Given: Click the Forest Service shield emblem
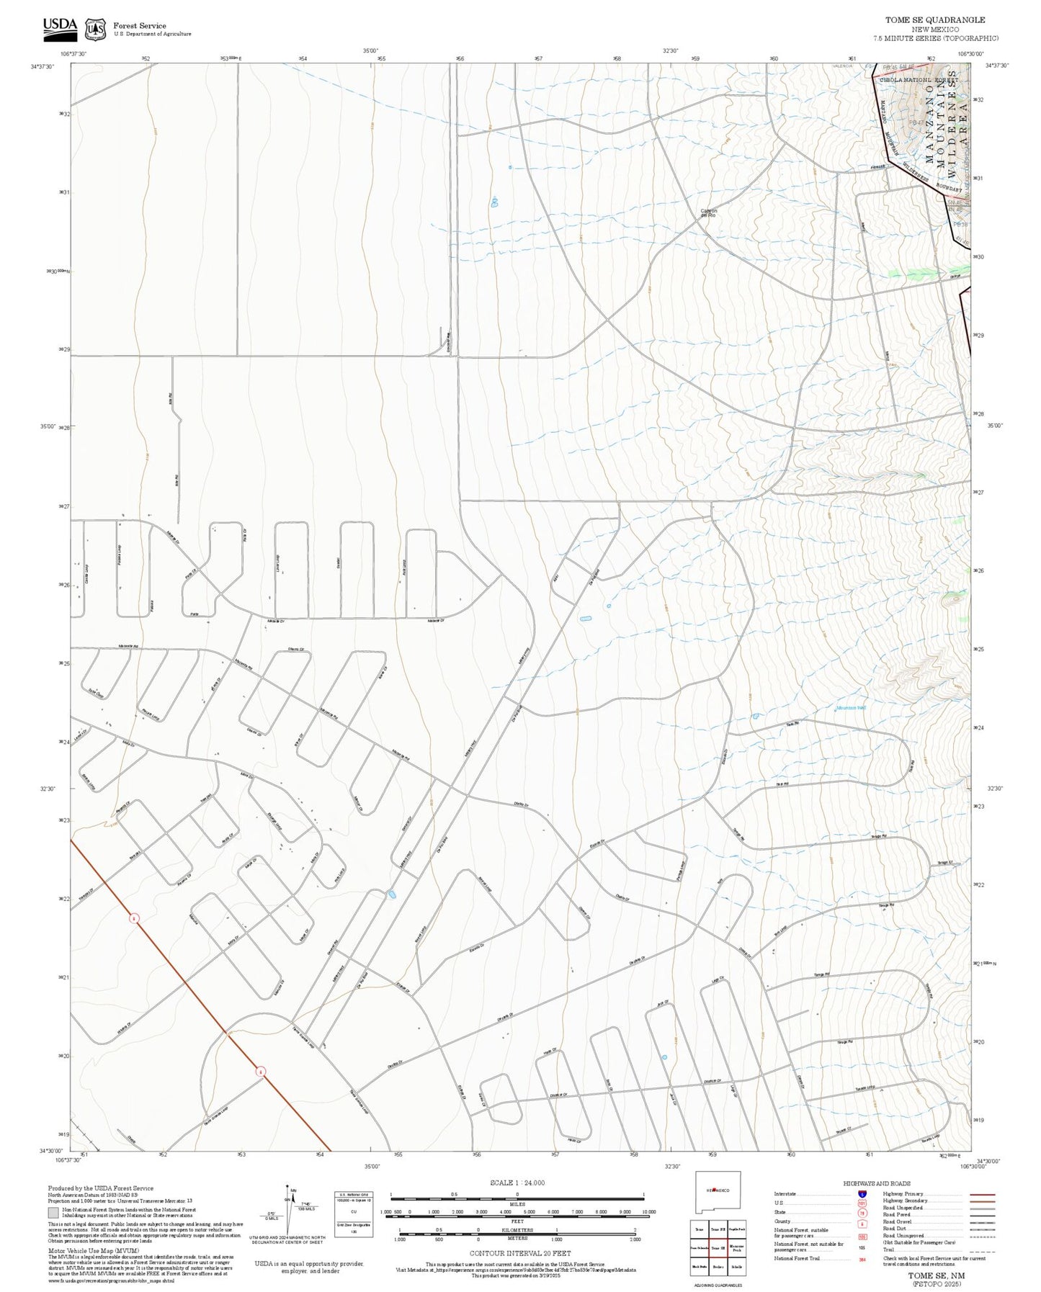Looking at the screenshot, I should point(95,29).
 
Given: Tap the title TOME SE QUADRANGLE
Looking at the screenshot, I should point(935,19).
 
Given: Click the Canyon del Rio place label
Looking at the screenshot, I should point(708,213).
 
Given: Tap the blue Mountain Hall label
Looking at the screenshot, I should point(851,708).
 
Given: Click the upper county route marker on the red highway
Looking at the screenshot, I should point(134,918).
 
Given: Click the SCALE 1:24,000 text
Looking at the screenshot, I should point(517,1183).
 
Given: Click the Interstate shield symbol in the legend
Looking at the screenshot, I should point(862,1194).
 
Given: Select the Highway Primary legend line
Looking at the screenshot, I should point(983,1194).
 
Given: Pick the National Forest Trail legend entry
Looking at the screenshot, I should point(797,1258).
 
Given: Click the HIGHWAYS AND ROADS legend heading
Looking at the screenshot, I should point(878,1183).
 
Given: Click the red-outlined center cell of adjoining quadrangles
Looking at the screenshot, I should point(718,1248).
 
